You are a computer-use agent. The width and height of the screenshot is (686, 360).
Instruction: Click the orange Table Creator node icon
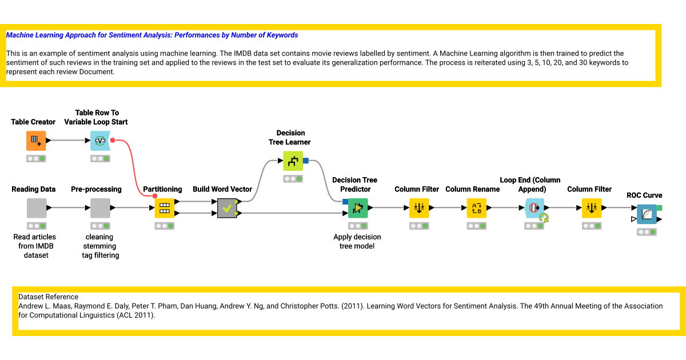tap(36, 141)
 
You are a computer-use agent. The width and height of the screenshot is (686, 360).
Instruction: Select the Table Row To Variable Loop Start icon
tap(100, 141)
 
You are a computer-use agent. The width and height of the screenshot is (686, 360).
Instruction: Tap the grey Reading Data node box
tap(37, 208)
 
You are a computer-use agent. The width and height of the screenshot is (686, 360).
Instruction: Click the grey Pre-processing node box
tap(100, 208)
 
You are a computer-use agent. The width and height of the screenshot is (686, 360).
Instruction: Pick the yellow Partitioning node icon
tap(165, 208)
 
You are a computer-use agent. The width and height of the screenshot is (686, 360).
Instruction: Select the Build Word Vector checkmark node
tap(228, 208)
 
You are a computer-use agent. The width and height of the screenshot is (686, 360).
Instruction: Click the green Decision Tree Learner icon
tap(293, 161)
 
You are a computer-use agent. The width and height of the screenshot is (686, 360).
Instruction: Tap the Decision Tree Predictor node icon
tap(358, 208)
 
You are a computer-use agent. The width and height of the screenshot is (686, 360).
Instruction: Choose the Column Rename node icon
tap(477, 208)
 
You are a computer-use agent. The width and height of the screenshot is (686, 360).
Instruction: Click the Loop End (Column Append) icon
tap(535, 208)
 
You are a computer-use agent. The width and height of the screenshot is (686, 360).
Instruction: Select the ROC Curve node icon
tap(647, 214)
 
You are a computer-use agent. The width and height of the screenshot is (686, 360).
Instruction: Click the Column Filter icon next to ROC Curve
tap(592, 208)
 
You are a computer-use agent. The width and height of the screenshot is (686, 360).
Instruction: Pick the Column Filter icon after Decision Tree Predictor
tap(419, 208)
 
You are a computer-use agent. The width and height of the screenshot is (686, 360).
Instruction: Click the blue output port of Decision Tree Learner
tap(306, 161)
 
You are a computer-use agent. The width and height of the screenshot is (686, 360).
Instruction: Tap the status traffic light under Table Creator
tap(36, 159)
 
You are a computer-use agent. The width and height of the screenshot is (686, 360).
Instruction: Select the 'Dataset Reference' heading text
tap(48, 297)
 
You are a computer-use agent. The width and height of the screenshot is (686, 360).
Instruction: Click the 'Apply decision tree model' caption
tap(357, 242)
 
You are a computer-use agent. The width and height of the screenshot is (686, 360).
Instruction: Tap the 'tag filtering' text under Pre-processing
tap(101, 255)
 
